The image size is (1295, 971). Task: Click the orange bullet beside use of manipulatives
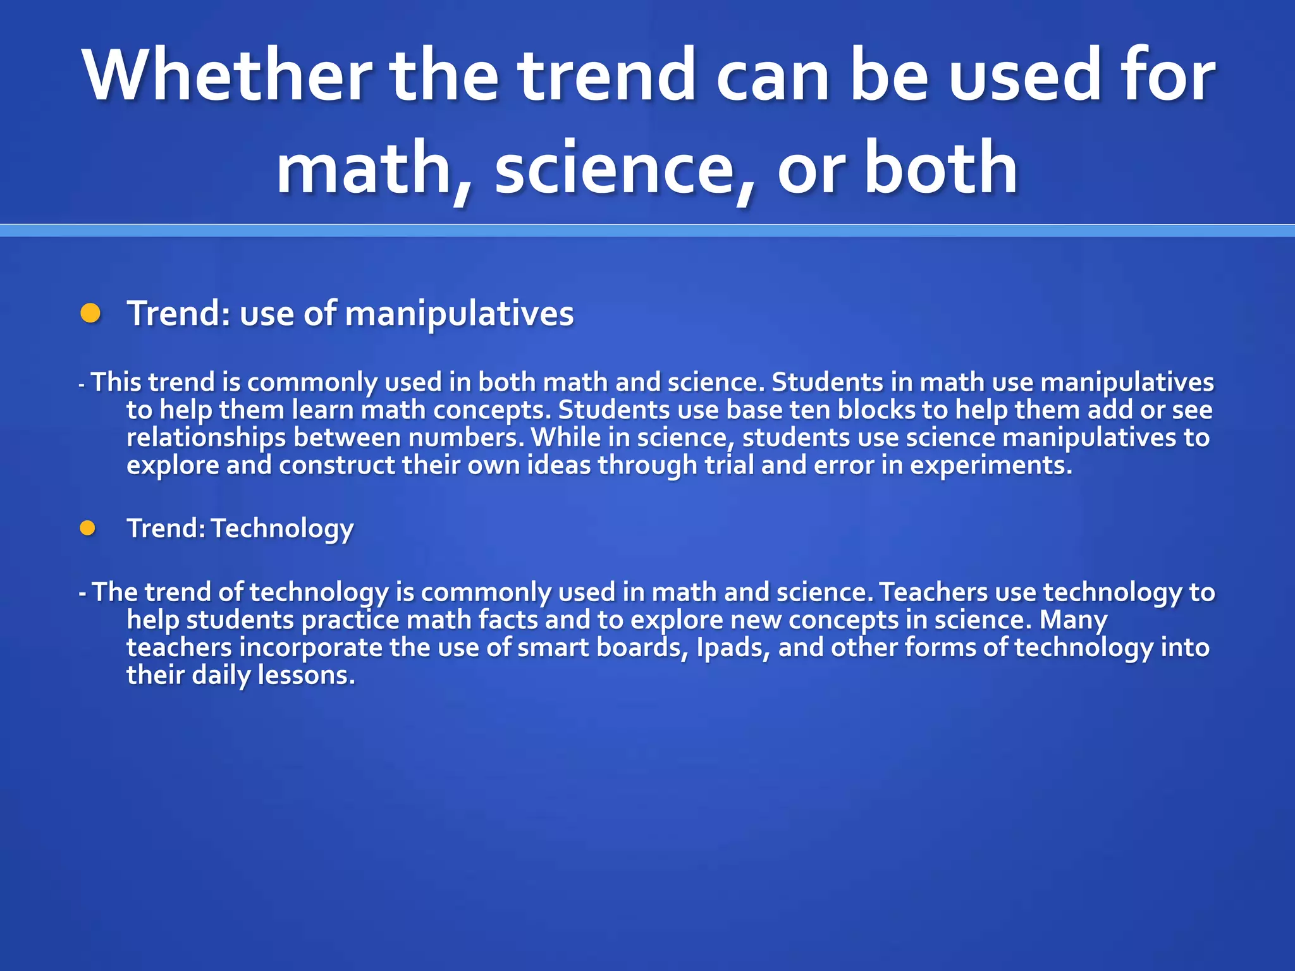[x=90, y=313]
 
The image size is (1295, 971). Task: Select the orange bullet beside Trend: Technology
[x=87, y=528]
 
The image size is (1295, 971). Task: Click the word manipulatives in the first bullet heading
[x=459, y=314]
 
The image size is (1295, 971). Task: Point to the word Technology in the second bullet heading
[x=282, y=528]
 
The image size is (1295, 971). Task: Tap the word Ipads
[x=732, y=647]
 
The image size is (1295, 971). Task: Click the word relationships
[x=206, y=437]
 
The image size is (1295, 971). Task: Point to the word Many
[x=1073, y=620]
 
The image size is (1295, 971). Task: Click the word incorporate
[x=310, y=647]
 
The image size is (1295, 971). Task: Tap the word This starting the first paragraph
[x=116, y=382]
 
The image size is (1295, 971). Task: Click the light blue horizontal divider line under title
[x=647, y=230]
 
